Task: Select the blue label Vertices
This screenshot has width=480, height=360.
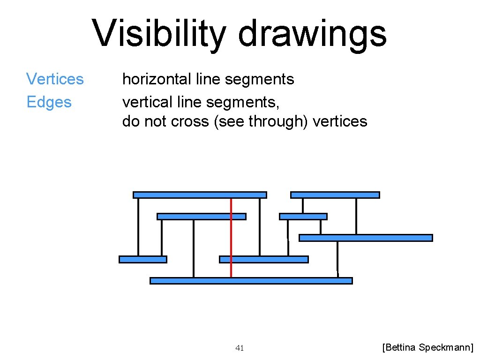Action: (x=55, y=79)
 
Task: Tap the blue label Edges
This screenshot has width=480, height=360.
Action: (x=49, y=102)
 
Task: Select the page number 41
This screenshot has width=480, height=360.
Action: (x=240, y=348)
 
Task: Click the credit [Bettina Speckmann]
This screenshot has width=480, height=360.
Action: (x=428, y=347)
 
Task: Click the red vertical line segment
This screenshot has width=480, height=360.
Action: (x=231, y=244)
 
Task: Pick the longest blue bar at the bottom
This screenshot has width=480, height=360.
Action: (x=251, y=281)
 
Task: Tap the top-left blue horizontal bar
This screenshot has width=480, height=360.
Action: (x=200, y=195)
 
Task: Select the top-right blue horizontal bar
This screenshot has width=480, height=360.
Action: (x=335, y=195)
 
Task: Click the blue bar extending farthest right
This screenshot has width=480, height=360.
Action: (x=366, y=238)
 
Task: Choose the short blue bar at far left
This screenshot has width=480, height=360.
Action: (x=143, y=259)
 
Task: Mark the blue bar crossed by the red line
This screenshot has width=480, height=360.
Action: (x=201, y=217)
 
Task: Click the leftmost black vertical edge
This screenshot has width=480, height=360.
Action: (x=138, y=227)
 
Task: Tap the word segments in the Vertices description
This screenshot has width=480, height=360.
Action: (x=259, y=79)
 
